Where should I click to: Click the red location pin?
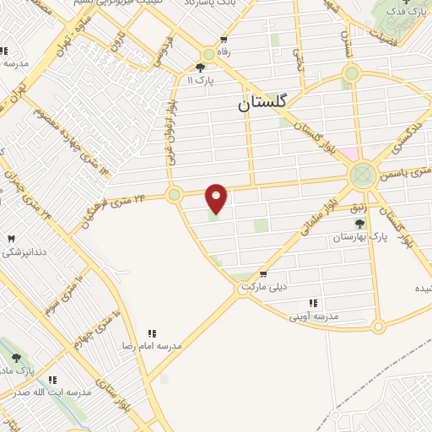[217, 197]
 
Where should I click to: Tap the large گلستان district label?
[262, 102]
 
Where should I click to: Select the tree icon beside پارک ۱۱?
[200, 67]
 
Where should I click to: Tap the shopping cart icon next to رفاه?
[224, 40]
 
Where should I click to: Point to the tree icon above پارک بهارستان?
[360, 224]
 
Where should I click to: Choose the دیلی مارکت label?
[263, 287]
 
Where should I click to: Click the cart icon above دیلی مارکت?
[263, 273]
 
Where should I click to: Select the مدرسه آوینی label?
[314, 316]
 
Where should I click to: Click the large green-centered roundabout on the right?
[362, 175]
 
